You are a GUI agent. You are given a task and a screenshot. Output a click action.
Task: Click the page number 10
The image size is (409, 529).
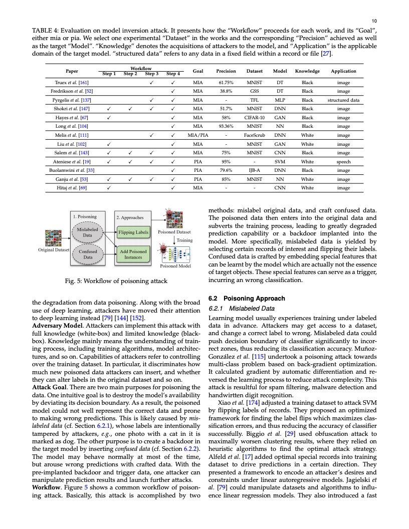pyautogui.click(x=374, y=21)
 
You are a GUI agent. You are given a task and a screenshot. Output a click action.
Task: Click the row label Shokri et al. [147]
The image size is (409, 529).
pyautogui.click(x=71, y=108)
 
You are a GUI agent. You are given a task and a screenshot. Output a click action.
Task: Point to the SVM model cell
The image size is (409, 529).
pyautogui.click(x=280, y=162)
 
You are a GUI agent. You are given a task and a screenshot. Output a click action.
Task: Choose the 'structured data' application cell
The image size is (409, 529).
pyautogui.click(x=343, y=100)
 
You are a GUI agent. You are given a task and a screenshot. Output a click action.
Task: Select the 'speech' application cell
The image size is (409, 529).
pyautogui.click(x=343, y=162)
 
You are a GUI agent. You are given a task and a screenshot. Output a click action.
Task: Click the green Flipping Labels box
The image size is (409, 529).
pyautogui.click(x=133, y=232)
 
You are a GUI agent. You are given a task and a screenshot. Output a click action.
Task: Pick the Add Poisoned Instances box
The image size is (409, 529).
pyautogui.click(x=133, y=254)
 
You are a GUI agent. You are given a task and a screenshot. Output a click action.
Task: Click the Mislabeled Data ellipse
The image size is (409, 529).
pyautogui.click(x=87, y=232)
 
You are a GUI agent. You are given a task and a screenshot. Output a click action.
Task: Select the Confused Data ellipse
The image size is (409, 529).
pyautogui.click(x=87, y=254)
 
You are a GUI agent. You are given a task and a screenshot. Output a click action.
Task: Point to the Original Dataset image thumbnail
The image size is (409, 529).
pyautogui.click(x=53, y=237)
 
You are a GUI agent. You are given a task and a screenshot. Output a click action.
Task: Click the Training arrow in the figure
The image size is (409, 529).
pyautogui.click(x=175, y=240)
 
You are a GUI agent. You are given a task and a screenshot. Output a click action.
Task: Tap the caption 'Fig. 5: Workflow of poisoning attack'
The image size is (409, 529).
pyautogui.click(x=116, y=281)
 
